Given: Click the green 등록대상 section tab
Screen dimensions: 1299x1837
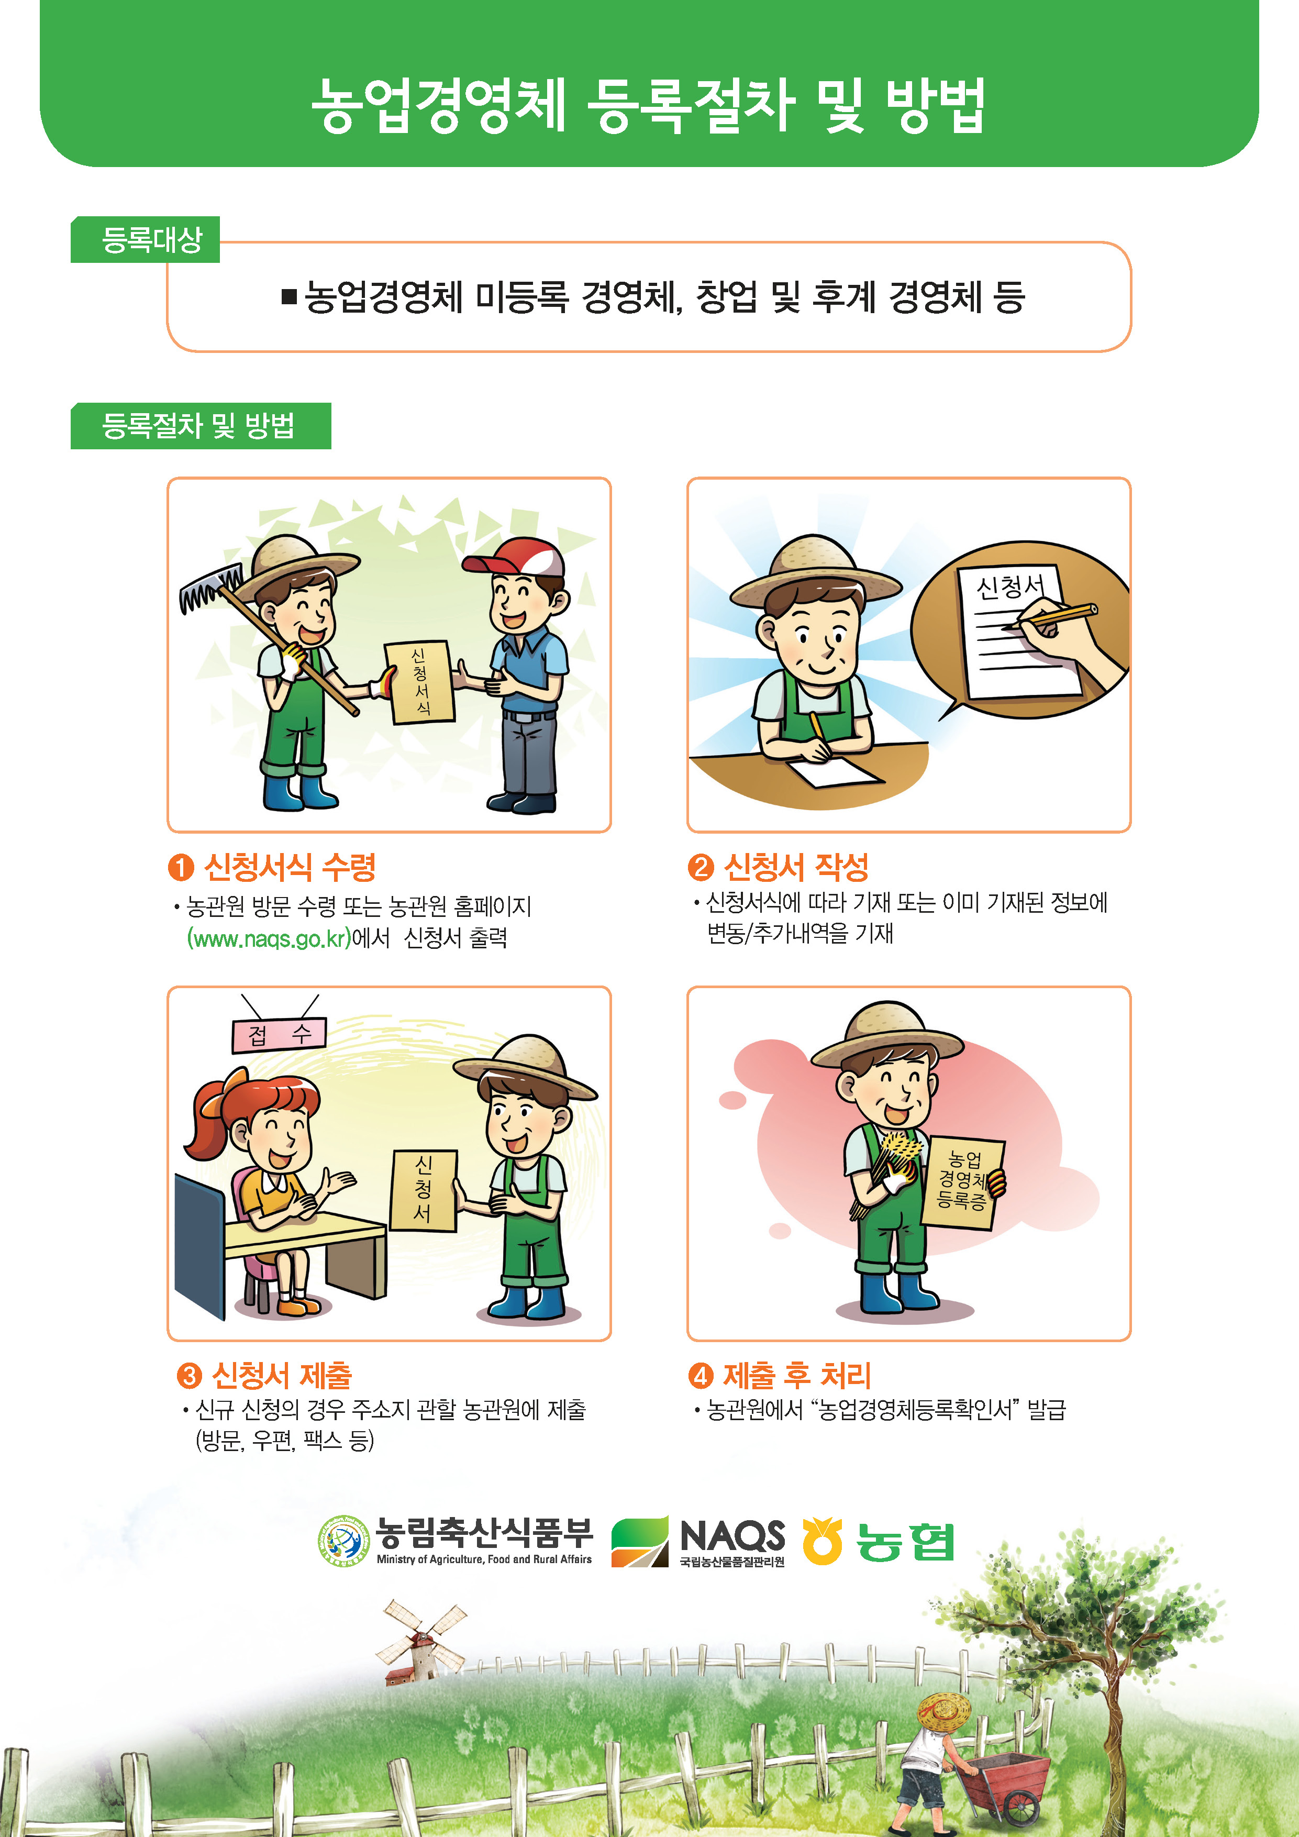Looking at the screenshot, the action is pos(145,239).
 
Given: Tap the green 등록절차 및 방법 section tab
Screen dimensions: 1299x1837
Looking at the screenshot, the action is pos(201,426).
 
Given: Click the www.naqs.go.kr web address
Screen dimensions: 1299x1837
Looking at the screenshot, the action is pos(269,938).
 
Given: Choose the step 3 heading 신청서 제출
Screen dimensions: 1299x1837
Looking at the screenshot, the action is pos(282,1375).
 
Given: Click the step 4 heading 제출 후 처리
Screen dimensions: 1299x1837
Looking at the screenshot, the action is pos(797,1375).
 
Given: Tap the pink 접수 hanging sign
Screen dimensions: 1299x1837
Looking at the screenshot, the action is pos(279,1035).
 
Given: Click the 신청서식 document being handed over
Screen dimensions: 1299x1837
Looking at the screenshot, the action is pos(419,681).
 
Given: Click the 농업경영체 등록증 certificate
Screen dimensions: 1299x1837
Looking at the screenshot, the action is pos(962,1182).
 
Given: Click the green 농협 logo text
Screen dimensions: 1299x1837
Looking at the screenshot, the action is pos(905,1542).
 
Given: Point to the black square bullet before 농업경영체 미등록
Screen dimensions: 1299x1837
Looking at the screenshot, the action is pos(289,297).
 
